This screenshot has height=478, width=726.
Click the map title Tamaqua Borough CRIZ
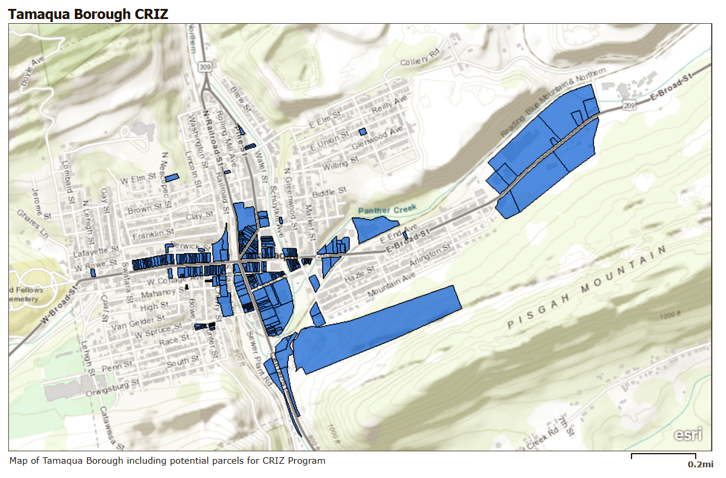point(89,14)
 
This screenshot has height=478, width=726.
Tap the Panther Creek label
point(387,209)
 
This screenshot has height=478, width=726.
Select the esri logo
point(688,434)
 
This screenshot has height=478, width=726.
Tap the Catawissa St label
point(112,428)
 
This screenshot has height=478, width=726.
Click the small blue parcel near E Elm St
point(362,131)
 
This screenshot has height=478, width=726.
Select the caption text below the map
point(168,461)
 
